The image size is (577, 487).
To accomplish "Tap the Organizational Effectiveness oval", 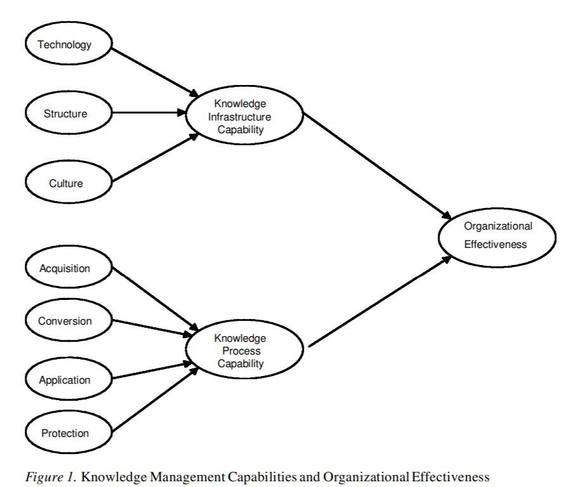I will pos(498,236).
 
